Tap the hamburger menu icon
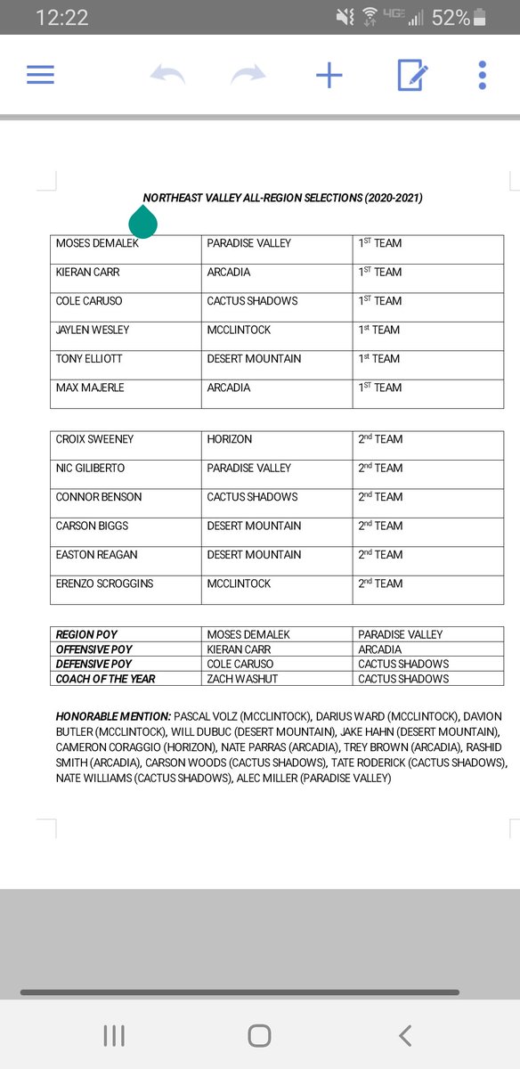tap(41, 75)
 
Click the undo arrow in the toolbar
tap(167, 75)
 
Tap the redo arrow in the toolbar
tap(248, 75)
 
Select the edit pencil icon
tap(413, 75)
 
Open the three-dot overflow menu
tap(482, 75)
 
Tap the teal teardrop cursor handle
tap(142, 223)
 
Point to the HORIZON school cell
tap(230, 439)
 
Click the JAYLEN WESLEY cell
tap(93, 330)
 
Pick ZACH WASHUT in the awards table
tap(242, 679)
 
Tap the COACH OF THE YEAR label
tap(105, 679)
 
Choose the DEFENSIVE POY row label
tap(93, 664)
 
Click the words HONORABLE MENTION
tap(113, 716)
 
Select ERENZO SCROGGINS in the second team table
tap(104, 583)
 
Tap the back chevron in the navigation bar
tap(405, 1035)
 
